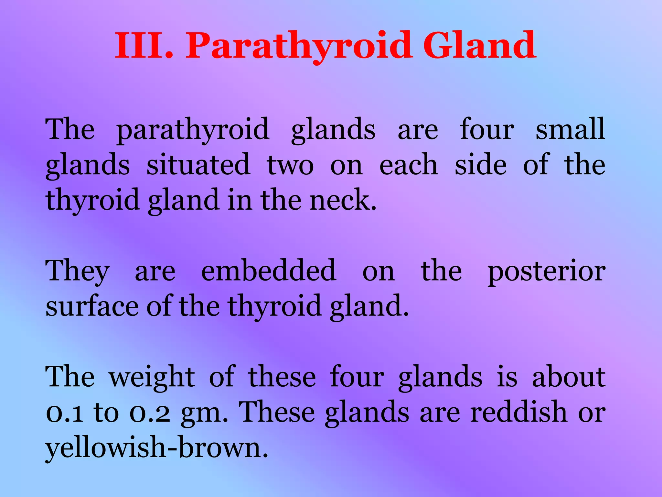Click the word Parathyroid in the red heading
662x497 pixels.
click(x=299, y=46)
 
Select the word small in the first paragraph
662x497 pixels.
click(x=570, y=129)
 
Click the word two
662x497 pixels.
click(x=290, y=165)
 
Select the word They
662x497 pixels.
click(x=77, y=271)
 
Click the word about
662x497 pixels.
click(x=569, y=377)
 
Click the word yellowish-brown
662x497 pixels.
click(x=157, y=448)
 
